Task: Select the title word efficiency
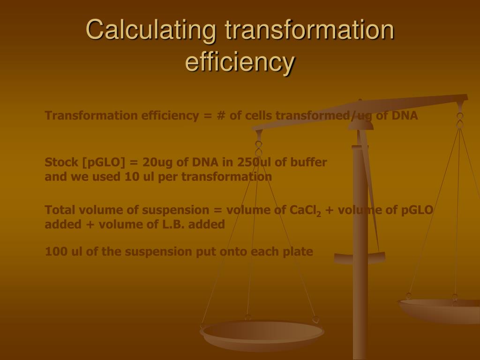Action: pyautogui.click(x=240, y=62)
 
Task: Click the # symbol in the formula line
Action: pyautogui.click(x=221, y=116)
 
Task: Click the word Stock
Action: pyautogui.click(x=61, y=163)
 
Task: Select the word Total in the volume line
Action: pyautogui.click(x=60, y=210)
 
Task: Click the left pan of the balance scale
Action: pyautogui.click(x=262, y=334)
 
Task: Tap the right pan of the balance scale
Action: pyautogui.click(x=441, y=309)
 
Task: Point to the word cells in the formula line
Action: pyautogui.click(x=260, y=116)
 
